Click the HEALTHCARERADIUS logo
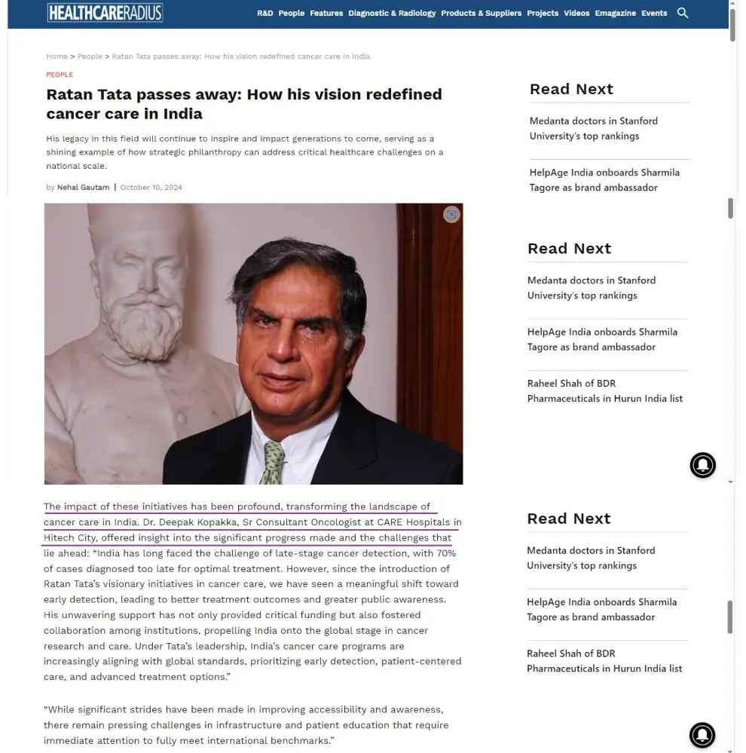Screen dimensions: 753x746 [x=105, y=12]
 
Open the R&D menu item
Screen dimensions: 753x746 [x=264, y=13]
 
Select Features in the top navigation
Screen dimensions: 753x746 [x=326, y=13]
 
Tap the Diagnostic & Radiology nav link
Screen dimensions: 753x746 [x=392, y=13]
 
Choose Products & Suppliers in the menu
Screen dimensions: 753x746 [x=481, y=13]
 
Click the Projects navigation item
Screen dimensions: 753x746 [x=543, y=13]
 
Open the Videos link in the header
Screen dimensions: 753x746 [x=576, y=13]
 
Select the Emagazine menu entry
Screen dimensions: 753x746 [x=615, y=13]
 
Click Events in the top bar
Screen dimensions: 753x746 [x=654, y=13]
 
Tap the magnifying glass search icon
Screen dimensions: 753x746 [x=683, y=13]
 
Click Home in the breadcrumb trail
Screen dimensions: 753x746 [x=57, y=57]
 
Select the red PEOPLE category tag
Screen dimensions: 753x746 [x=60, y=75]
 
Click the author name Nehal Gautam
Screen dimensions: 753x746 [x=83, y=188]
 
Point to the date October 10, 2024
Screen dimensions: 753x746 [x=151, y=188]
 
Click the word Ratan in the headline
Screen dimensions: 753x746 [x=69, y=94]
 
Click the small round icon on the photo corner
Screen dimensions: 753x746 [x=451, y=214]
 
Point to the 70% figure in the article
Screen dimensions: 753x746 [x=445, y=553]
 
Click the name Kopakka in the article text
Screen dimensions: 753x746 [x=215, y=522]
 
